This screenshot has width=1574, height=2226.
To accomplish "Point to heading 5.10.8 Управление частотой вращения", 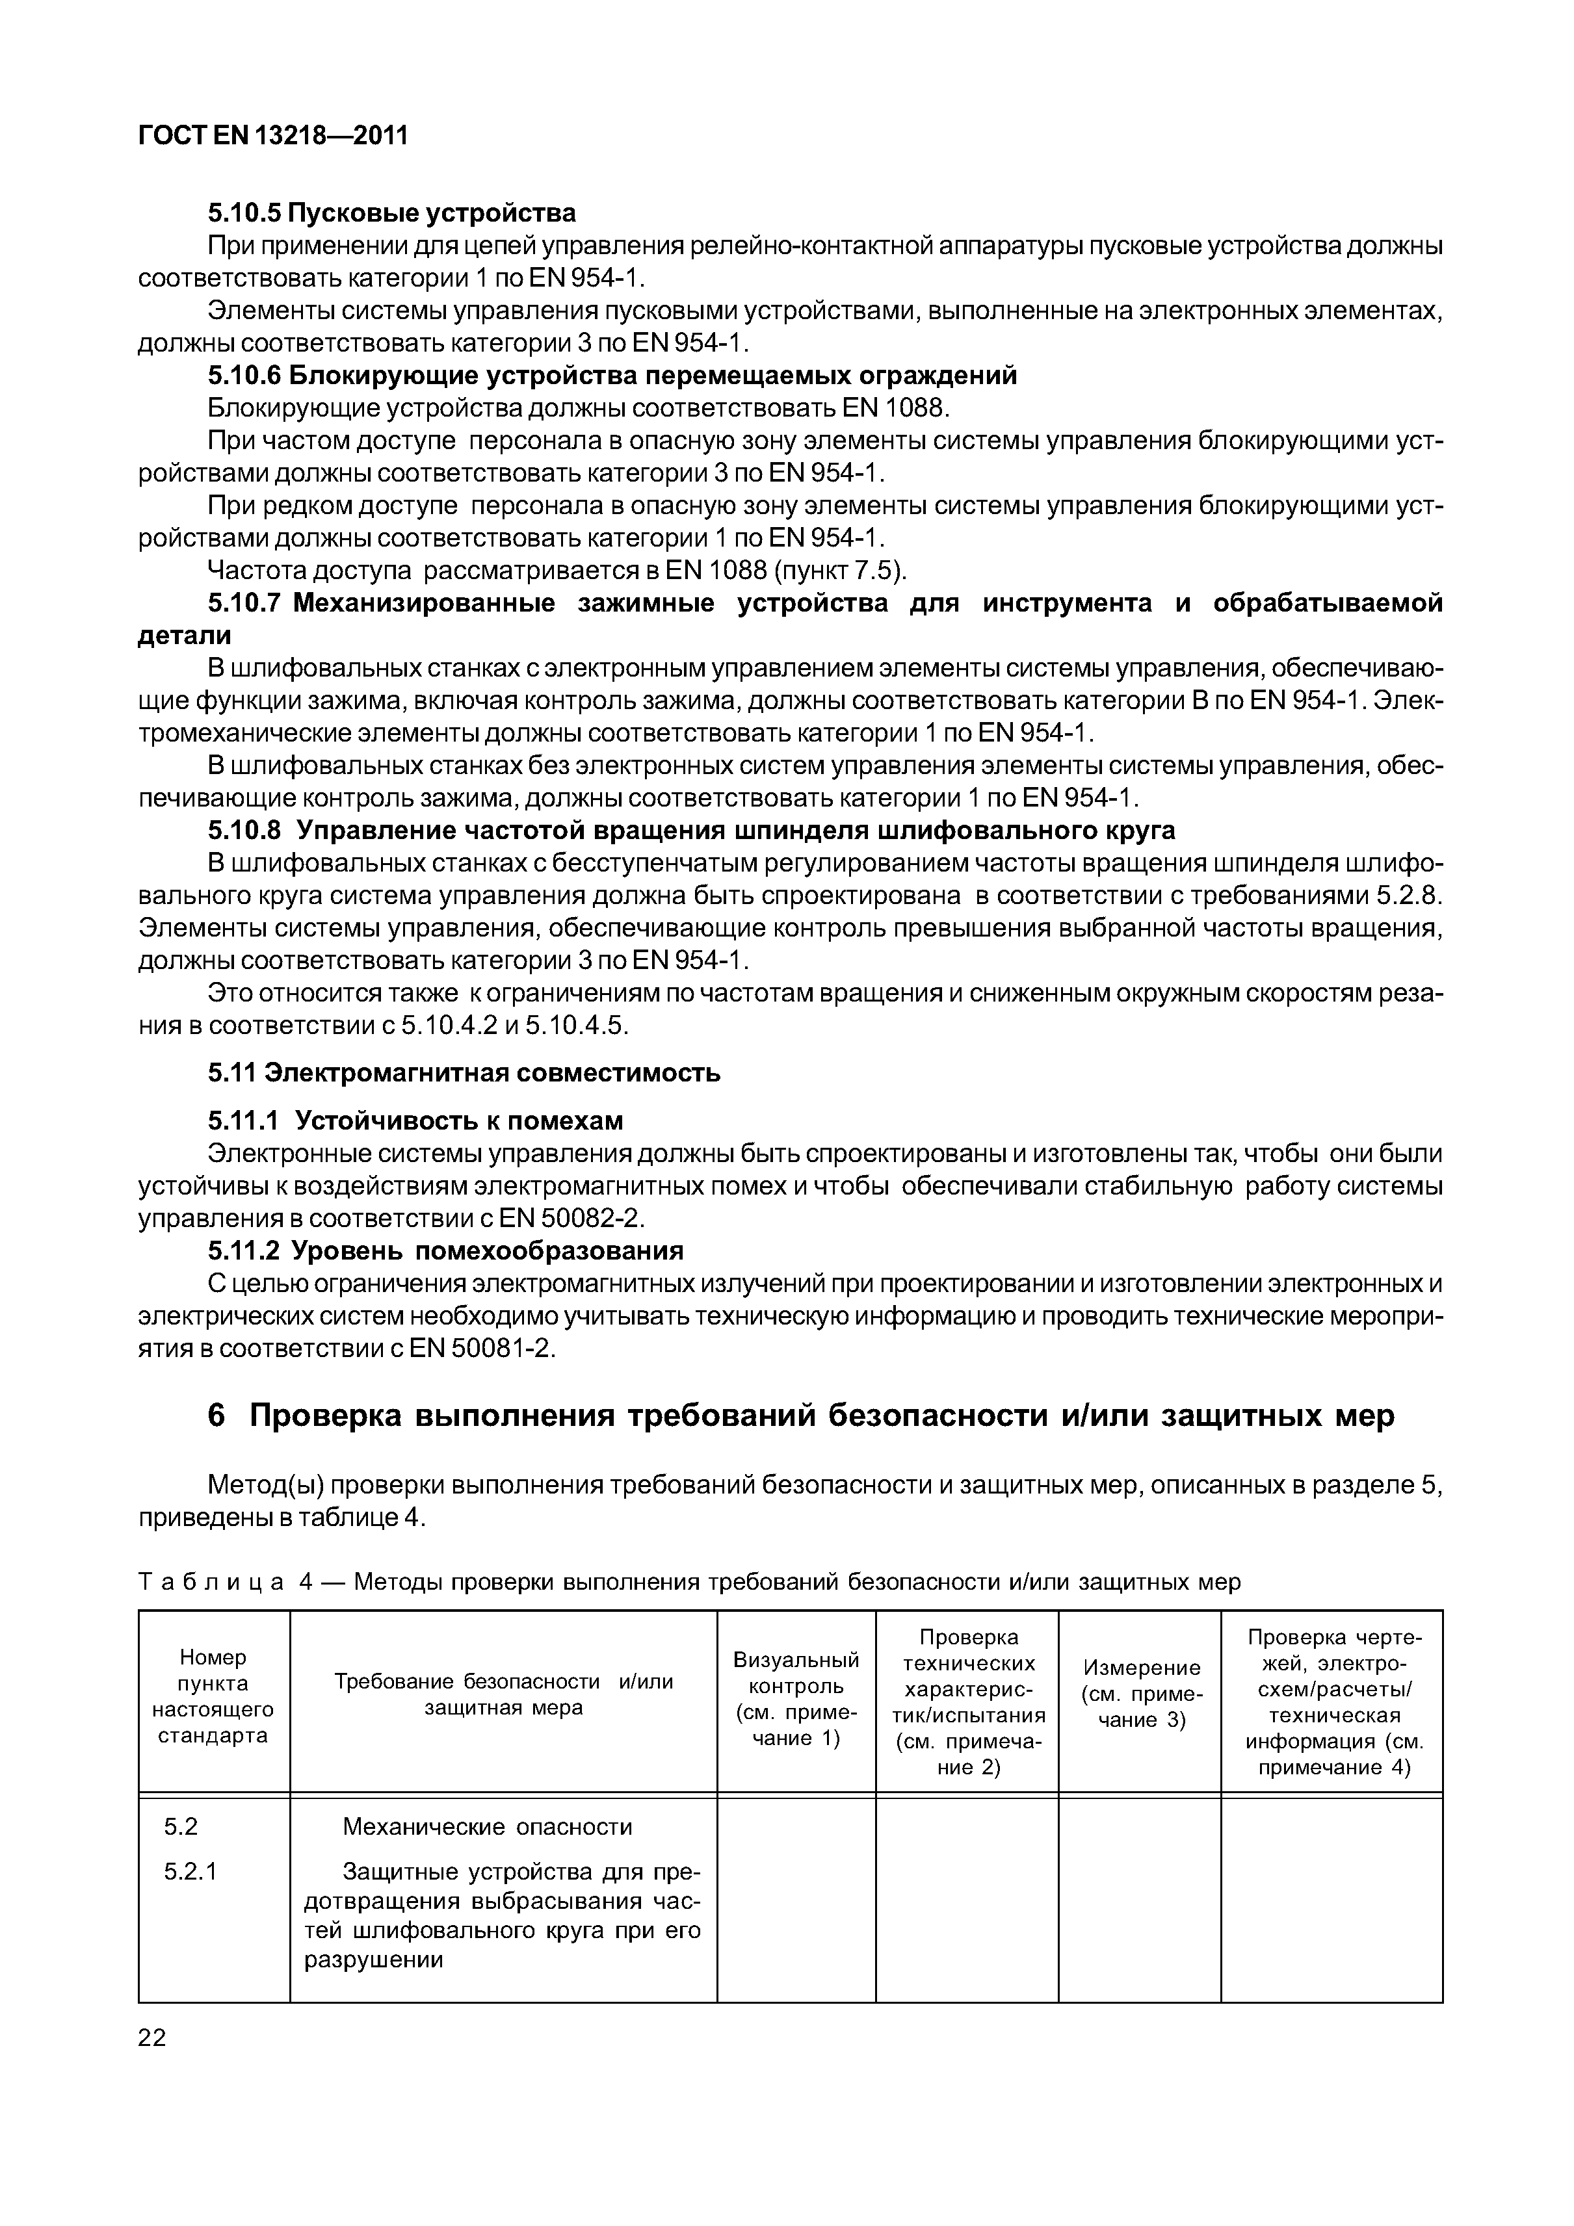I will pos(692,830).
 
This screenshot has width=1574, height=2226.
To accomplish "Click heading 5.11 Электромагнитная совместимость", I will pos(464,1073).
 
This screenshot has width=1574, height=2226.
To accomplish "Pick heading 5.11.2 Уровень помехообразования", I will pos(445,1250).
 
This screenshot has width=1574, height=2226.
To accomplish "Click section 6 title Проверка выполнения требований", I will pos(801,1416).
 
